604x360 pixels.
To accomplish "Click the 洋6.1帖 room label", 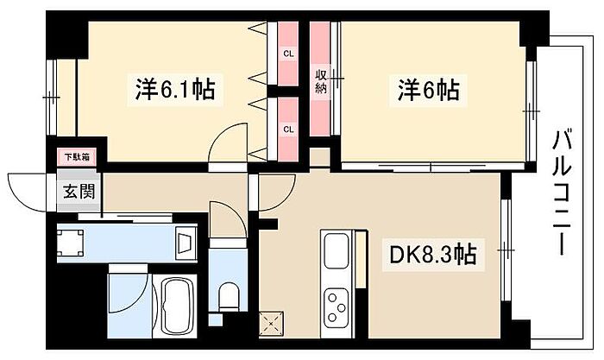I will pos(174,89).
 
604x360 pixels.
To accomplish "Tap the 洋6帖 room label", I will pos(428,89).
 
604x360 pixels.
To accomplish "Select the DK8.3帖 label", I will pos(431,255).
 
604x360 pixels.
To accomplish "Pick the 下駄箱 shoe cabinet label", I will pos(71,158).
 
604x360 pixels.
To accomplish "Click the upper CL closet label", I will pos(288,54).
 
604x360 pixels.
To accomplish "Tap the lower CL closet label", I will pos(288,129).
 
